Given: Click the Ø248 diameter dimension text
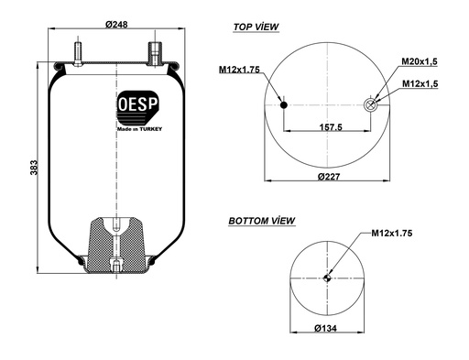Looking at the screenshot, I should point(116,24).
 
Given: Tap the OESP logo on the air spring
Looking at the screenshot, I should point(137,105).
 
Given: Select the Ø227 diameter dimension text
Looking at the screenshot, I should point(331,175).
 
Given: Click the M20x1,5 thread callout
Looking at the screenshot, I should point(420,61).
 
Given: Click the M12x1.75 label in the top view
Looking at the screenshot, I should point(240,70).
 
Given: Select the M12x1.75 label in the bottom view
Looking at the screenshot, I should point(392,233).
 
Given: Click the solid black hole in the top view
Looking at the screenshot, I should point(283,105).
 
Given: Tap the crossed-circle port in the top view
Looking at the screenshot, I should point(371,105).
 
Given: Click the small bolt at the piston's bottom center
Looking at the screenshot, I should point(116,266).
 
